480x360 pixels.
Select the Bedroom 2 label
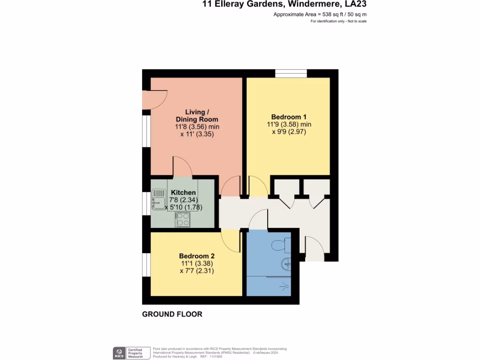pos(197,256)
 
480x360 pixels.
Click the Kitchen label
pos(183,193)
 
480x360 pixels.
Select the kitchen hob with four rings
pos(182,219)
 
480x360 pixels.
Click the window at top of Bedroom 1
pos(291,73)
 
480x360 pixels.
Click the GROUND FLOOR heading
pos(172,314)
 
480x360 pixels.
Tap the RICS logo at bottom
pos(119,353)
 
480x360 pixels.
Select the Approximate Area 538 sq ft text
pos(320,15)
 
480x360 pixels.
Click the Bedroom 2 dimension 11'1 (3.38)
pos(197,263)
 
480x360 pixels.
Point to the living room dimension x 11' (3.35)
pos(197,134)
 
